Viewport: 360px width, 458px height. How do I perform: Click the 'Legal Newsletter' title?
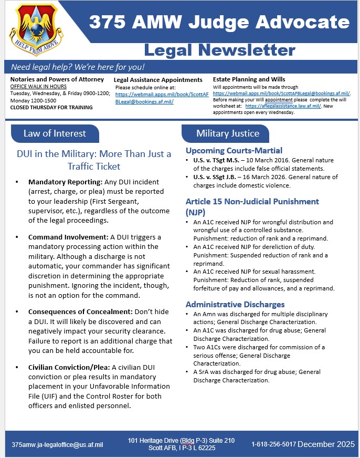pos(219,50)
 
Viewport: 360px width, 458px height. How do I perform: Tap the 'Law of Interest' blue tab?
pos(55,133)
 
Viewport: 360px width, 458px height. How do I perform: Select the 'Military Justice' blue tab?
pos(228,133)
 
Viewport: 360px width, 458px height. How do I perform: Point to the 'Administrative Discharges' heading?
pos(235,304)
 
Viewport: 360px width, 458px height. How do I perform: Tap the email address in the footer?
pos(57,444)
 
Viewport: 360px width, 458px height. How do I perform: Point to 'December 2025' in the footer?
pos(326,444)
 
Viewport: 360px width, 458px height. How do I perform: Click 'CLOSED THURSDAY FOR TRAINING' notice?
pos(51,107)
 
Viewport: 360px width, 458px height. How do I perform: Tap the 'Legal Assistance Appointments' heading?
pos(158,80)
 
